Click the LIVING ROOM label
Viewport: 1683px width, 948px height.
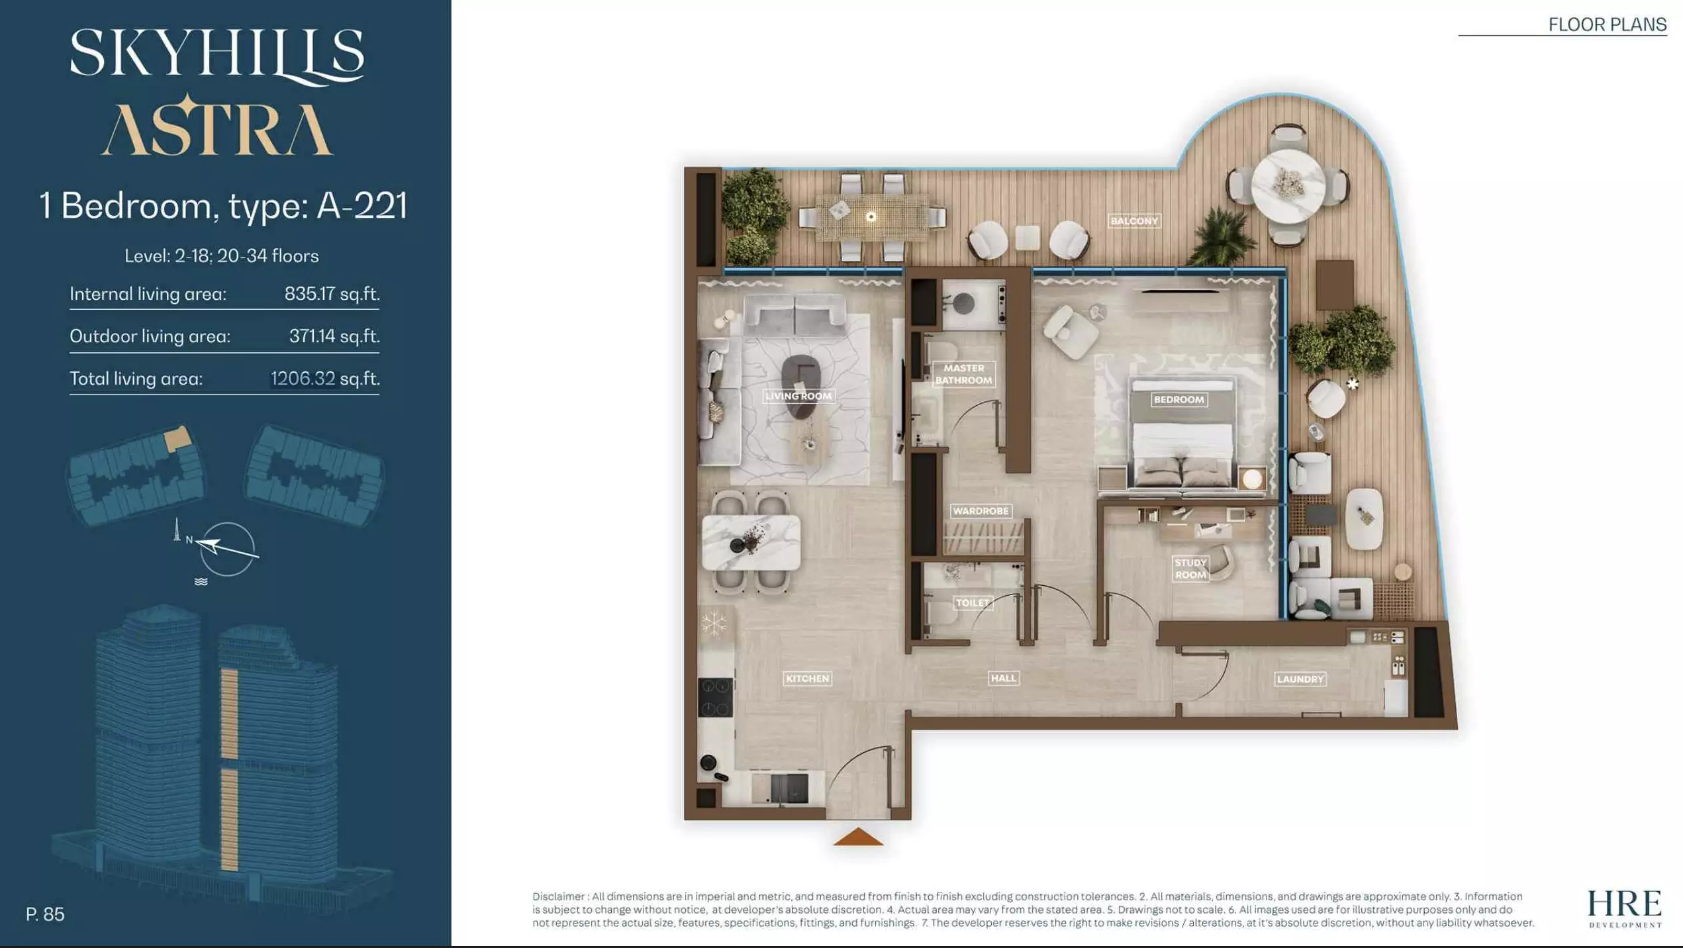798,396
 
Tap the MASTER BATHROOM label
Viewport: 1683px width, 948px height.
963,374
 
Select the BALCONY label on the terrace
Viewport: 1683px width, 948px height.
1134,221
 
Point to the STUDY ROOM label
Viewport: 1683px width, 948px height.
1190,569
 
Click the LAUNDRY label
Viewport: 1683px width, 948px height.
1300,679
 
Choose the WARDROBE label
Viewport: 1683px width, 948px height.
981,511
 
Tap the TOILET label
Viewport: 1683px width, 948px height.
973,602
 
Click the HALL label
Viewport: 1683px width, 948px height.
1004,678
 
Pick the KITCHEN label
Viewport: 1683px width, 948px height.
807,679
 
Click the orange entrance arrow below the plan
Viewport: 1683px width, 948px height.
858,837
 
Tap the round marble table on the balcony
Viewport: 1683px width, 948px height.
1288,186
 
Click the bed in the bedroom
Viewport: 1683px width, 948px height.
1182,437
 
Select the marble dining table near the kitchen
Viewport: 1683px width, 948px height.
751,542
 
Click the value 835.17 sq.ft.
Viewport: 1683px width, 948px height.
332,293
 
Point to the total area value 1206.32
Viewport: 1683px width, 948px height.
303,378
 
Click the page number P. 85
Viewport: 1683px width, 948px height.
45,914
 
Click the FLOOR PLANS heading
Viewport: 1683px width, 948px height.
1608,24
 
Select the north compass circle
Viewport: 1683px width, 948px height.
227,549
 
